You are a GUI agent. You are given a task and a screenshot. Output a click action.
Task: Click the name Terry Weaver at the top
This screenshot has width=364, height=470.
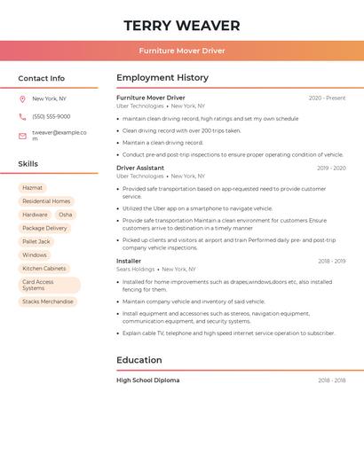click(x=182, y=25)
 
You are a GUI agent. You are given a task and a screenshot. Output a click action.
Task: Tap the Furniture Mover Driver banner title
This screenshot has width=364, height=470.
click(x=182, y=51)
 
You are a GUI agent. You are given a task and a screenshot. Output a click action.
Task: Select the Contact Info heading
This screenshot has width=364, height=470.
click(x=42, y=78)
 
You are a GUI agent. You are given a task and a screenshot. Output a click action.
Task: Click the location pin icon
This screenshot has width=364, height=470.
click(x=22, y=99)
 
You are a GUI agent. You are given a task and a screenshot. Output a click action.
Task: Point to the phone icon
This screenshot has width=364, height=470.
click(x=22, y=116)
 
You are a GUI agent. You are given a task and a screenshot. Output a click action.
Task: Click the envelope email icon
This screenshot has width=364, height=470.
click(x=22, y=136)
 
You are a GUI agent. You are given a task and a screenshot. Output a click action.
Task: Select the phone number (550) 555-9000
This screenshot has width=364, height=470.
click(x=51, y=116)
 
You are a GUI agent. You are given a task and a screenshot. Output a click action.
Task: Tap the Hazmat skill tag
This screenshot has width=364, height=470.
click(x=32, y=188)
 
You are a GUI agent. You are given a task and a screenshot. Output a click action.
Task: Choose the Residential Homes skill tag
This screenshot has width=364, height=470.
click(x=46, y=201)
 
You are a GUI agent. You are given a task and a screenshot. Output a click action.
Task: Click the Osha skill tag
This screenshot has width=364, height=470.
click(x=66, y=215)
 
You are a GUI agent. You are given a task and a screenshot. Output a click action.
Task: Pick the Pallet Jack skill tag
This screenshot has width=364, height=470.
click(x=36, y=241)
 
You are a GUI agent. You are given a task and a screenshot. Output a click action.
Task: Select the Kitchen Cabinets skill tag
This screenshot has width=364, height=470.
click(x=44, y=268)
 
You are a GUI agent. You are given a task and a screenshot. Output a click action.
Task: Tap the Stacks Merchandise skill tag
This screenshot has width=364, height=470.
click(x=48, y=302)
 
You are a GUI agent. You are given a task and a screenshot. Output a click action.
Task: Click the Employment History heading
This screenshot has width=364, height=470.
click(x=162, y=78)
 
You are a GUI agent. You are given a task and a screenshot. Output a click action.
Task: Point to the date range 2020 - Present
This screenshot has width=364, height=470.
click(x=327, y=98)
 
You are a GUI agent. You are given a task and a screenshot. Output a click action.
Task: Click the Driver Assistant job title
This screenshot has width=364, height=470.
click(x=140, y=168)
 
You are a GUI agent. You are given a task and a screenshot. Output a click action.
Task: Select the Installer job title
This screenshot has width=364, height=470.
click(x=129, y=261)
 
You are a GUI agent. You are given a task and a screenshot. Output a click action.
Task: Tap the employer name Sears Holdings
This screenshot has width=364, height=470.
click(x=136, y=269)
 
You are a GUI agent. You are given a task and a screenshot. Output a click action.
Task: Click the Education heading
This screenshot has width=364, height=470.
click(x=139, y=360)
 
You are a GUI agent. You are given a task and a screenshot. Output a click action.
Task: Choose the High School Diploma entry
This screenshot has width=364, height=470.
click(x=148, y=380)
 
